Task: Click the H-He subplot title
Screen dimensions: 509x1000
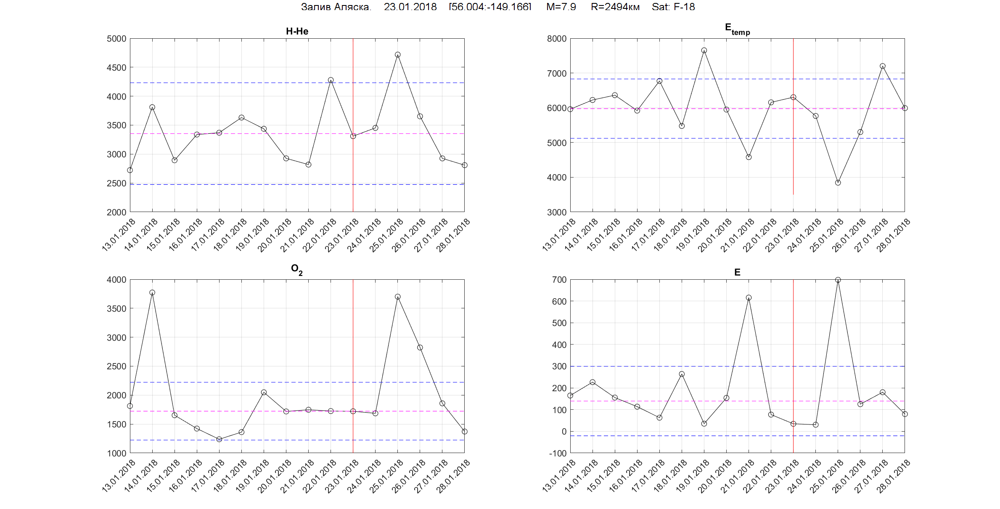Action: (297, 31)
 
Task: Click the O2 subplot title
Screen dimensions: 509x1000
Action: (296, 269)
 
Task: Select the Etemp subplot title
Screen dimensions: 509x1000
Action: (737, 29)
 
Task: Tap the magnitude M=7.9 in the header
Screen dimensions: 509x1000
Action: (561, 7)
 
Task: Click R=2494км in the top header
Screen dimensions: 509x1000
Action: (615, 7)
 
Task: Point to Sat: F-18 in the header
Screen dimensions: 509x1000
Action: (673, 7)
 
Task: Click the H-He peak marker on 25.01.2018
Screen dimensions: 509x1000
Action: (397, 55)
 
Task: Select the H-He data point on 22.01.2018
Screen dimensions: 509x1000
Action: (331, 80)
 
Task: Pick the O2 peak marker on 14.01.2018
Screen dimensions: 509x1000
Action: (152, 292)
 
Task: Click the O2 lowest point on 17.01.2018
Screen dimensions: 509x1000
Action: (219, 439)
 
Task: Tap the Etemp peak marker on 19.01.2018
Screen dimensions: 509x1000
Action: (704, 50)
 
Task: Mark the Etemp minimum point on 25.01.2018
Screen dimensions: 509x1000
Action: (838, 183)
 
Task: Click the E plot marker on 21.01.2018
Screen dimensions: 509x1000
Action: (749, 298)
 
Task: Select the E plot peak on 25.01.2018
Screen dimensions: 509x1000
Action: (838, 280)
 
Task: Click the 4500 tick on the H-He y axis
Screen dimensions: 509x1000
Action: (116, 68)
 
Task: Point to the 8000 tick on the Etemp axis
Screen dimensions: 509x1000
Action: (557, 39)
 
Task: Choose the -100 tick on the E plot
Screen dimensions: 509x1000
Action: (558, 453)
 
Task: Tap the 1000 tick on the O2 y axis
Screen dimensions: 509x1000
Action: (116, 453)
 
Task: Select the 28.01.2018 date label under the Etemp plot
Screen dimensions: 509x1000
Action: (893, 235)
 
